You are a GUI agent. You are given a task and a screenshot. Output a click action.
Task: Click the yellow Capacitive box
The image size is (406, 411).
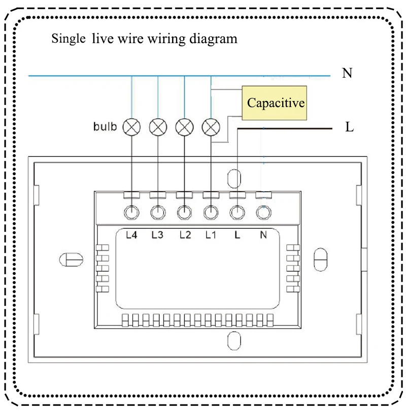tap(275, 103)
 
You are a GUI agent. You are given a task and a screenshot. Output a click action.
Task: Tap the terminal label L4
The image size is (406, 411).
tap(132, 235)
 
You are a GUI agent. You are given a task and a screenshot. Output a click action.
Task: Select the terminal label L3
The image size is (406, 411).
tap(158, 235)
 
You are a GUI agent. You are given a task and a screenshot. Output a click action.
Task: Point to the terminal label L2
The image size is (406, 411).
tap(185, 235)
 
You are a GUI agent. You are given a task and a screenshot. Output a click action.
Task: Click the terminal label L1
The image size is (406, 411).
tap(211, 235)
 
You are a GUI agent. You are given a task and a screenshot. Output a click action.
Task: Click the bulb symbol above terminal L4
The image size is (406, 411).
tap(132, 126)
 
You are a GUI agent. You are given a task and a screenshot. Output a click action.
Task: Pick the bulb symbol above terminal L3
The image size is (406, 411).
tap(158, 126)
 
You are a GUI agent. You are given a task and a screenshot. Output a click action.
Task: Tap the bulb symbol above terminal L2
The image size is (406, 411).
tap(184, 126)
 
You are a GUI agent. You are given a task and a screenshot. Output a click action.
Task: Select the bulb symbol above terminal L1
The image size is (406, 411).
tap(210, 126)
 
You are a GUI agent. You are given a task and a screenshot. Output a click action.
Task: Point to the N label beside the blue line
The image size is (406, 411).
tap(347, 74)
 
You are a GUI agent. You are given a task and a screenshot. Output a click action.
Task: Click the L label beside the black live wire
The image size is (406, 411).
tap(349, 127)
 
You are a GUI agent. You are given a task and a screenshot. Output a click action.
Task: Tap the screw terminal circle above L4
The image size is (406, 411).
tap(132, 213)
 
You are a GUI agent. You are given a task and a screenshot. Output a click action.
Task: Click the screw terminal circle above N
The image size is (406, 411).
tap(262, 213)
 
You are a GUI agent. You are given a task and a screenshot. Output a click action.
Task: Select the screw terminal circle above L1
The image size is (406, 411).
tap(210, 213)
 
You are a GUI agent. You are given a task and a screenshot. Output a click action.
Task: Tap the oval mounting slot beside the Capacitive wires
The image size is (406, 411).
tap(234, 179)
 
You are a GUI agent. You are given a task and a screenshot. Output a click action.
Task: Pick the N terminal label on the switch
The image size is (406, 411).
tap(263, 235)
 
